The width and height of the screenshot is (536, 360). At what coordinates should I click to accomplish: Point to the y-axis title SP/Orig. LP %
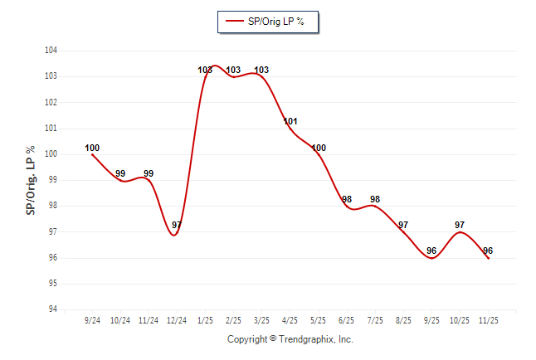tap(31, 180)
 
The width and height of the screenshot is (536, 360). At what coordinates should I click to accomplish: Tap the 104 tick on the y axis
tap(51, 51)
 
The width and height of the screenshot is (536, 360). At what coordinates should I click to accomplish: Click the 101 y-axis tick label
tap(51, 129)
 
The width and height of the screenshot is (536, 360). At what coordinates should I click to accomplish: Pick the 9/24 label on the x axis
tap(92, 319)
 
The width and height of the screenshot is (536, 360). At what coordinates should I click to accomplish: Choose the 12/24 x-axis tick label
tap(176, 319)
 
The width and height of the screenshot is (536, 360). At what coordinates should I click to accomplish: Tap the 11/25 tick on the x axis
tap(488, 319)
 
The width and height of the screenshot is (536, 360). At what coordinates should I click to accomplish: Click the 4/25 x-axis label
tap(290, 319)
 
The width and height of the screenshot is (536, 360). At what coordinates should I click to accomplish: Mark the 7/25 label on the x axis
tap(375, 319)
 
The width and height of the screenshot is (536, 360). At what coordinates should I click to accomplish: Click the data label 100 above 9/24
tap(92, 148)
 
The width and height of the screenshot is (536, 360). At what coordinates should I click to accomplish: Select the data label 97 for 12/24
tap(177, 225)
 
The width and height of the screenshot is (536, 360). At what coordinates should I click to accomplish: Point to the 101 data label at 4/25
tap(290, 122)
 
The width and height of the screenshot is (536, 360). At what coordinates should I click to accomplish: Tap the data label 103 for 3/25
tap(261, 70)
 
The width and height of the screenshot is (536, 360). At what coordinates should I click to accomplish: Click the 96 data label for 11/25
tap(488, 251)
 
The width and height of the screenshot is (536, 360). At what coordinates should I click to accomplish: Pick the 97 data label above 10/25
tap(460, 225)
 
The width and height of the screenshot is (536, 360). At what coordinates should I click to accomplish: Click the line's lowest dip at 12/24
tap(174, 235)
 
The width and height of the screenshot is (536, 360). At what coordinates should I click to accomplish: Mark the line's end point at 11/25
tap(488, 258)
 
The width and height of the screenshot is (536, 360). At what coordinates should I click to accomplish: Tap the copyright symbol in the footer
tap(273, 339)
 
